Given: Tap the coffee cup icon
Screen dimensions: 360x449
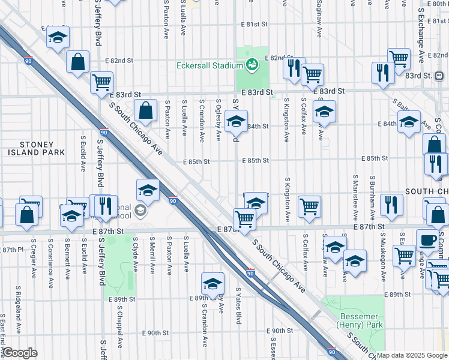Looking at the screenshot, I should tap(427, 240).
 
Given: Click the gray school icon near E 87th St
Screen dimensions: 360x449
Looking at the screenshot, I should tap(140, 211).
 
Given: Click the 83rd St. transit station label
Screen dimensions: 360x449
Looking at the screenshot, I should tap(434, 76).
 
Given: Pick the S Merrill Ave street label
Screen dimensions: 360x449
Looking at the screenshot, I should tap(153, 259).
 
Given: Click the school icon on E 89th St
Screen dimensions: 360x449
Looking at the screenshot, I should tap(212, 283).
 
